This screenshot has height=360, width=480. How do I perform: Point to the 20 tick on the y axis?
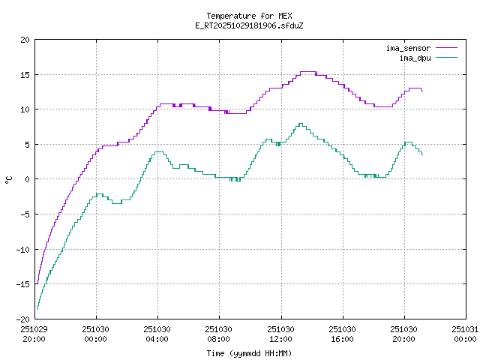point(26,40)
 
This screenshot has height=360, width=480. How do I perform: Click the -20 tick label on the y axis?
point(24,318)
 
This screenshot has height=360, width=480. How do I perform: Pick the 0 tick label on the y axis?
point(28,179)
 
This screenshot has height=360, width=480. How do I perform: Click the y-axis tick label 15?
point(26,75)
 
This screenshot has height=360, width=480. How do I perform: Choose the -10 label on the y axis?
point(24,249)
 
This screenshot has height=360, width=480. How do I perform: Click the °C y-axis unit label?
point(9,179)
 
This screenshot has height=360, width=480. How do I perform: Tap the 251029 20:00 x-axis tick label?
point(34,333)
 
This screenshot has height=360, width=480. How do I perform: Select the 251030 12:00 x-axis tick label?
point(281,333)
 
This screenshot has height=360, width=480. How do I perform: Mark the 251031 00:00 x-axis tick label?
point(466,333)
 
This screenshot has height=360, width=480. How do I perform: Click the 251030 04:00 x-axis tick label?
point(157,333)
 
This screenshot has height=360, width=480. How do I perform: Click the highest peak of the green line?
point(300,124)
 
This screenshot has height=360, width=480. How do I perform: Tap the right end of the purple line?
point(422,91)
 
